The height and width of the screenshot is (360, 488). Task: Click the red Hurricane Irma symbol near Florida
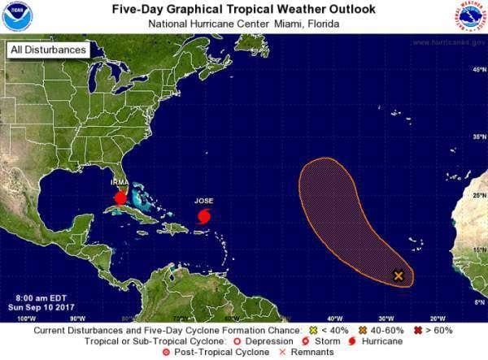(120, 197)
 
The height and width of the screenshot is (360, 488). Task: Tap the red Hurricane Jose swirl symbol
(204, 217)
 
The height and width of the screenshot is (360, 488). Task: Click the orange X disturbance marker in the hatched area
(399, 275)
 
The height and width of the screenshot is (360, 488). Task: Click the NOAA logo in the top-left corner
(16, 15)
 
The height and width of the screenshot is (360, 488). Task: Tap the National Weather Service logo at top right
(469, 16)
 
